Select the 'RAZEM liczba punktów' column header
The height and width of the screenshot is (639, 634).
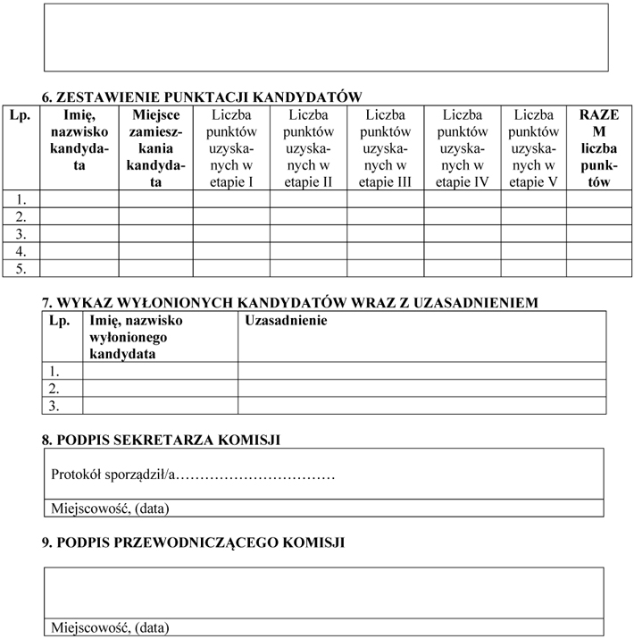(592, 147)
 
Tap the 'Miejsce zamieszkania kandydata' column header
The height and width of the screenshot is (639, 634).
(156, 147)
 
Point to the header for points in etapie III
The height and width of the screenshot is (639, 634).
(385, 147)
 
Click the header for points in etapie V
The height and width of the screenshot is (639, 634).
(533, 147)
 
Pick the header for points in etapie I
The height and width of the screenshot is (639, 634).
(231, 147)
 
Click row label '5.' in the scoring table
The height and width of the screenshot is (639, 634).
(21, 267)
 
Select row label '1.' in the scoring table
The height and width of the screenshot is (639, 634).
(21, 199)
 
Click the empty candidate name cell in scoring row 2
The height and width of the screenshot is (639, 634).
(79, 216)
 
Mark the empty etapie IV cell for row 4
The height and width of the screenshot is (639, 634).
(462, 250)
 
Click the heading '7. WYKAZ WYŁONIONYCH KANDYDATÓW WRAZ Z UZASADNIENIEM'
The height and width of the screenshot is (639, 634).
(290, 302)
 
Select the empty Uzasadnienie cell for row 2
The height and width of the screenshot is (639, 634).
(421, 388)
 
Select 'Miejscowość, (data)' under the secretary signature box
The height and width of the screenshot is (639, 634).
(110, 509)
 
